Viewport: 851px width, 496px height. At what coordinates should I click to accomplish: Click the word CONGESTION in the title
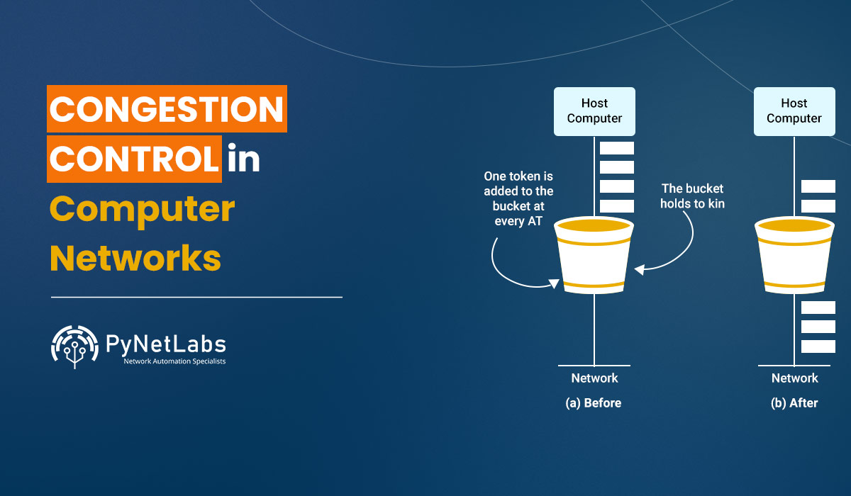tap(167, 108)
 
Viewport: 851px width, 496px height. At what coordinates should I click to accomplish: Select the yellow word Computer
tap(142, 210)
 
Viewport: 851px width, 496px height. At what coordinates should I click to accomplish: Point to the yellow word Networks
tap(135, 258)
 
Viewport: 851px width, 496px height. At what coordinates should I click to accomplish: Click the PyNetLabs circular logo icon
tap(74, 346)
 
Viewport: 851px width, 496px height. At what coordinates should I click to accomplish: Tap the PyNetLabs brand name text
tap(165, 344)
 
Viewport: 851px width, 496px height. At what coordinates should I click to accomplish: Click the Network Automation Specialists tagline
tap(174, 362)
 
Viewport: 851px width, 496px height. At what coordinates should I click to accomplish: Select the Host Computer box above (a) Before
tap(594, 111)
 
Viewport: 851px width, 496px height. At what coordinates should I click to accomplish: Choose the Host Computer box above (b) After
tap(794, 111)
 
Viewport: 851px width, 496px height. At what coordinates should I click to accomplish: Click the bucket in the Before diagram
tap(594, 255)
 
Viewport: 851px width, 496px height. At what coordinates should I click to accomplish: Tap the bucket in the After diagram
tap(794, 255)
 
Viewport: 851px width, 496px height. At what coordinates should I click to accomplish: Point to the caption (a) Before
tap(593, 403)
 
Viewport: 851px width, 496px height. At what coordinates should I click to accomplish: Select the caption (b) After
tap(794, 403)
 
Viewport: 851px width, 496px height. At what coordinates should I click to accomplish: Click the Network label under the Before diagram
tap(594, 378)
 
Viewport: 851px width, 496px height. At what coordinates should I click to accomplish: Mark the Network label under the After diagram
tap(794, 378)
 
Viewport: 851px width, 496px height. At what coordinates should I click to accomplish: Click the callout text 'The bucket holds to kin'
tap(692, 196)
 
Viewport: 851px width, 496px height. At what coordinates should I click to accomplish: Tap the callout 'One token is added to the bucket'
tap(518, 198)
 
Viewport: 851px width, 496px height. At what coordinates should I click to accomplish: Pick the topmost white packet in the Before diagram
tap(616, 148)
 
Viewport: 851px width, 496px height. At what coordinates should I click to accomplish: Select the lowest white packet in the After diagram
tap(818, 346)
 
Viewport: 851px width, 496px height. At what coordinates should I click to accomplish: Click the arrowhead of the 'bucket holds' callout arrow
tap(639, 270)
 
